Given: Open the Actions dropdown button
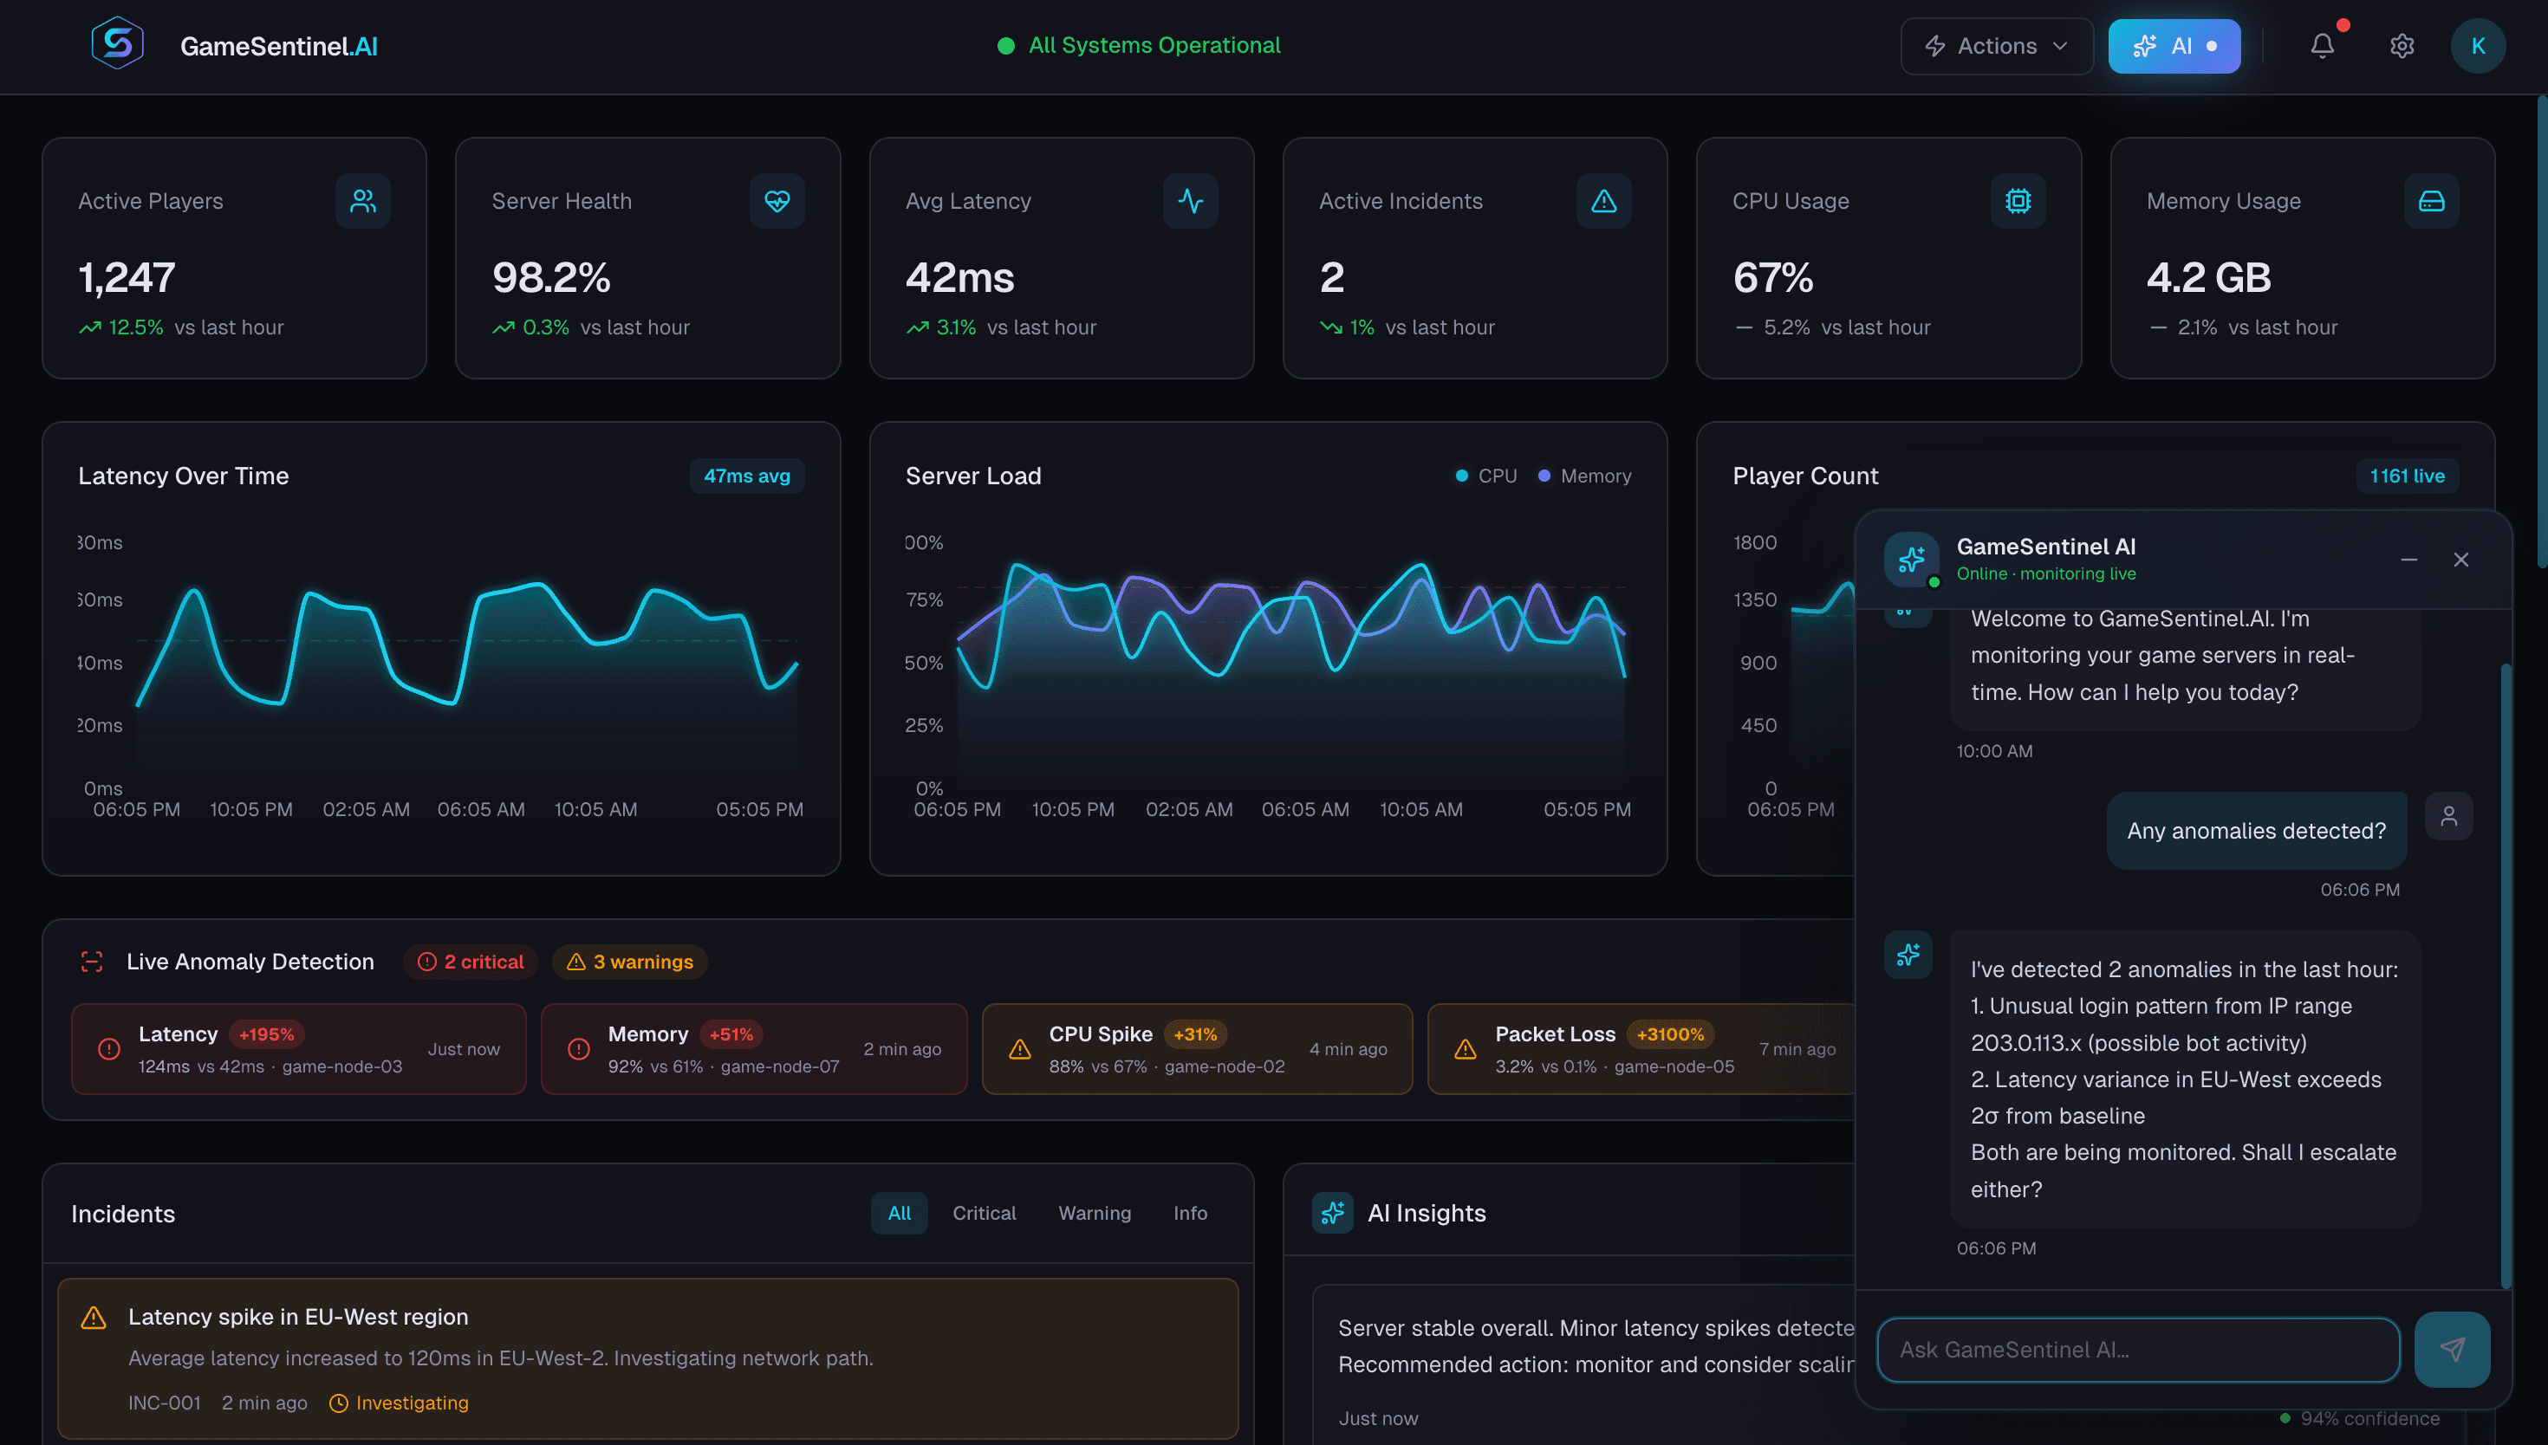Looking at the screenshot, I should tap(1995, 46).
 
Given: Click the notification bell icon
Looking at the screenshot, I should tap(2321, 46).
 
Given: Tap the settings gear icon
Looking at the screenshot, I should tap(2401, 46).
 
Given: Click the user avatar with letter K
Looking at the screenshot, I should tap(2477, 46).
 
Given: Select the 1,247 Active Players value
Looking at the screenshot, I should tap(127, 278).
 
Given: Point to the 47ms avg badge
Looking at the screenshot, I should tap(746, 476).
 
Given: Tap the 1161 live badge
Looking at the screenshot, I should tap(2406, 476).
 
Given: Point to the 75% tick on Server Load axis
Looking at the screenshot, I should tap(923, 599).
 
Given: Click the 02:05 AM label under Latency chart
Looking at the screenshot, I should tap(365, 810).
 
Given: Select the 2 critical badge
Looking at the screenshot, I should tap(471, 962).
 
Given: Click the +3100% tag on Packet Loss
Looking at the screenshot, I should tap(1669, 1034).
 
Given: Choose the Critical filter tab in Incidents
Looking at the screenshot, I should tap(984, 1213).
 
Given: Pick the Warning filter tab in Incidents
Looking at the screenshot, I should tap(1094, 1213).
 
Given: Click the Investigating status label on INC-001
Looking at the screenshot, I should tap(411, 1403).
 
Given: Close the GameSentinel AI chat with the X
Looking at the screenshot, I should tap(2460, 561).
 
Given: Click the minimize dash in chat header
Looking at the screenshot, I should tap(2408, 561).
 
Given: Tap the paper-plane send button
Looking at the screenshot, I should tap(2451, 1349).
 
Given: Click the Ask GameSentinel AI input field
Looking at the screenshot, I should tap(2136, 1350).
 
